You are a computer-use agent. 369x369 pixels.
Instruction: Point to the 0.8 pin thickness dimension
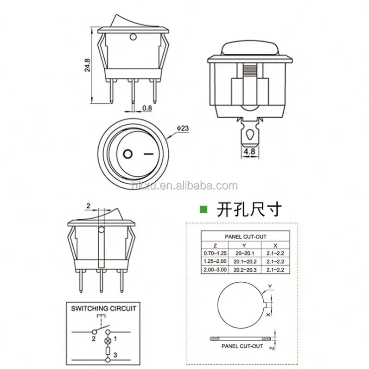click(x=147, y=109)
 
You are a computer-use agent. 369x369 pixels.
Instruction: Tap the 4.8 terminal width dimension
click(x=249, y=151)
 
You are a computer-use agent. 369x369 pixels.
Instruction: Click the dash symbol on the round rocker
click(x=148, y=153)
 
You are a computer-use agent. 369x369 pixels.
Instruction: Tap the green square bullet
click(x=203, y=209)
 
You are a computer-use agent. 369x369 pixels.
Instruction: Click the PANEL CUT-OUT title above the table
click(x=247, y=236)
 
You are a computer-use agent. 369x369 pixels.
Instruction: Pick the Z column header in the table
click(x=215, y=245)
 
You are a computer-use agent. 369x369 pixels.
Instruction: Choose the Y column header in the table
click(x=244, y=245)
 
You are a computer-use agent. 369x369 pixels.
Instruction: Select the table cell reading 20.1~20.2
click(x=244, y=262)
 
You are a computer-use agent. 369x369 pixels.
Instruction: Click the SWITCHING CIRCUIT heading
click(x=104, y=308)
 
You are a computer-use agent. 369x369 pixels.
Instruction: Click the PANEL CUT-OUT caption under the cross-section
click(x=242, y=346)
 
